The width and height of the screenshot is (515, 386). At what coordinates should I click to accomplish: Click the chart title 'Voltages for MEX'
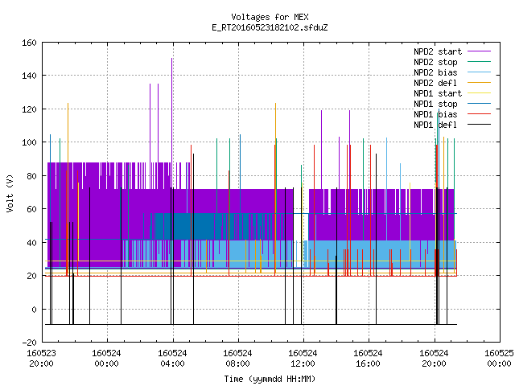[x=270, y=17]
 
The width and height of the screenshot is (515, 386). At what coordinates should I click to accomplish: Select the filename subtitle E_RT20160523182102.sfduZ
[x=270, y=27]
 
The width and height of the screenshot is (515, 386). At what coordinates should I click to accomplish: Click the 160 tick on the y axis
[x=29, y=43]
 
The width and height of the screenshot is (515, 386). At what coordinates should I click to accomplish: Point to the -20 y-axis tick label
[x=29, y=343]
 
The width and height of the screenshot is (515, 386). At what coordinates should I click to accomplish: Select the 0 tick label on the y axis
[x=34, y=310]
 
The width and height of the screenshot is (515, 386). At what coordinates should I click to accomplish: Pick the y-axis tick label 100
[x=29, y=143]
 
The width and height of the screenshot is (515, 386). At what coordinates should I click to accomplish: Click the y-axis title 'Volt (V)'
[x=10, y=193]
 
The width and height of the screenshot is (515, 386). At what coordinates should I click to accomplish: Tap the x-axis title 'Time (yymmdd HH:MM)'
[x=270, y=379]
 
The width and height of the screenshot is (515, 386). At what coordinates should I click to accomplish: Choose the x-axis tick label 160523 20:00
[x=41, y=359]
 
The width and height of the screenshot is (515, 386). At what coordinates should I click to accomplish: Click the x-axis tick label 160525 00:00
[x=499, y=359]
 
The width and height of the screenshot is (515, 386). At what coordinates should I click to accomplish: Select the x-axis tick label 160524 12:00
[x=303, y=359]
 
